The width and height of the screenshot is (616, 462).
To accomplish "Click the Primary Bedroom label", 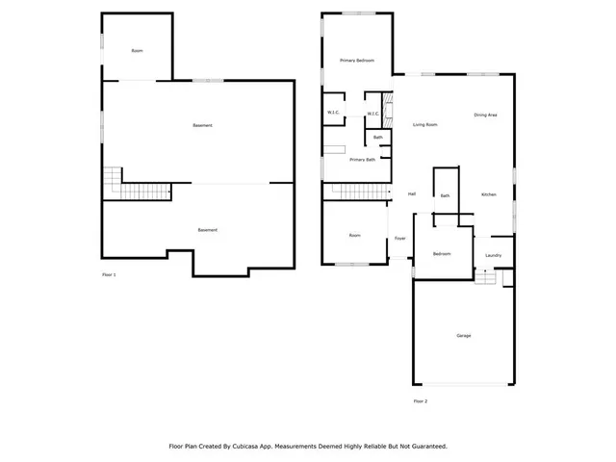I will point(356,61).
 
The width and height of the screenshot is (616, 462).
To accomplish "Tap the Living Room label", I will point(425,125).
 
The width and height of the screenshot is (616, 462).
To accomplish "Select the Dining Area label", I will point(485,115).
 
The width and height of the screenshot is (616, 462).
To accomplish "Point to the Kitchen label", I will point(489,195).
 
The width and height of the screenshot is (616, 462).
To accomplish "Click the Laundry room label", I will point(494,255).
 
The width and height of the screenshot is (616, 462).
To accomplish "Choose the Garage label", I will point(464,335).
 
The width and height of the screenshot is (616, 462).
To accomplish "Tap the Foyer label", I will point(399,238).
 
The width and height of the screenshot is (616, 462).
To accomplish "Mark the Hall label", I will point(412,194).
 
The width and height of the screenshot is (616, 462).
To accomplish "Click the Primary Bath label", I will point(362,160).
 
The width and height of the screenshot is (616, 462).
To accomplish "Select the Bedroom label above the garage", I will point(441,253).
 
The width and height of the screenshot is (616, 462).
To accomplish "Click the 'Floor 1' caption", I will point(109,275).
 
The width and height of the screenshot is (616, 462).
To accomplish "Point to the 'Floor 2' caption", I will point(420,400).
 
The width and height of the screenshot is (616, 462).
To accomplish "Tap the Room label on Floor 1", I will point(137,50).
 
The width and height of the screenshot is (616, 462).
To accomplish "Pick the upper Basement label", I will point(202,126).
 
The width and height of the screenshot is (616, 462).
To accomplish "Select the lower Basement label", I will point(207,230).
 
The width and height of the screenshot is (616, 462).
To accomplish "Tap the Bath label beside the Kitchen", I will point(445,195).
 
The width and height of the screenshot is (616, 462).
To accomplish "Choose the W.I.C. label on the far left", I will point(333,114).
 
